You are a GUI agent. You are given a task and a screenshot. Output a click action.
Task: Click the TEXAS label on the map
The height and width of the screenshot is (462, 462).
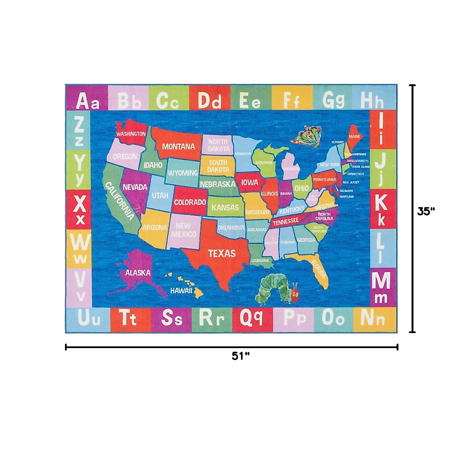[222, 253]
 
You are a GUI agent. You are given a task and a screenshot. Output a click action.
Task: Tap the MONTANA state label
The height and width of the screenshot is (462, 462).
[178, 146]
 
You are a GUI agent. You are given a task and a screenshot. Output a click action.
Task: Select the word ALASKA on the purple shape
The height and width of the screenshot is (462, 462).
[138, 273]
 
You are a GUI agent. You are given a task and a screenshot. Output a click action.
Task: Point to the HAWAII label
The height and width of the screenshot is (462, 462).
[181, 291]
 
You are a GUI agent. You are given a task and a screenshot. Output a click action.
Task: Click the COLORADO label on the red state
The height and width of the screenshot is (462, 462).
[190, 202]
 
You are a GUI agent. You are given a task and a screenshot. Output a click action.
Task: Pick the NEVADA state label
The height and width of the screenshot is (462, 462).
[135, 187]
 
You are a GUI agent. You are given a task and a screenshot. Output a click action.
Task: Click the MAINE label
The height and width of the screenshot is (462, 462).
[354, 137]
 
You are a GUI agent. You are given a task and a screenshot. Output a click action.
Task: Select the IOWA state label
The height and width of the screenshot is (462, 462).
[249, 182]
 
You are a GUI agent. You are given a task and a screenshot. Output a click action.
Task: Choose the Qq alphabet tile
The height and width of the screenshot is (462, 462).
[251, 319]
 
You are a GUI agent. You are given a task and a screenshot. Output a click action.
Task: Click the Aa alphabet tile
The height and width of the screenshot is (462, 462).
[87, 101]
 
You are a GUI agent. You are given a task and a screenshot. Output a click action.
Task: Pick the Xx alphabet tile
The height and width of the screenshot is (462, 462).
[80, 209]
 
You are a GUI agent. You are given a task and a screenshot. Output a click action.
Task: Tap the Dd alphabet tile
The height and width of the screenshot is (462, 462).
[210, 101]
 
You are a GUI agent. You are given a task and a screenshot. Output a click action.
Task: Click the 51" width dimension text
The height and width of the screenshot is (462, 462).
[241, 356]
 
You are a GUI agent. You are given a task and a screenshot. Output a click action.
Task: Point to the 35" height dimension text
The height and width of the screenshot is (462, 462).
[426, 211]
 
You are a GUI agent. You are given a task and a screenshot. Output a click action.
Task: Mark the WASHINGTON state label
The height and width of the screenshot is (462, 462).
[131, 134]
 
